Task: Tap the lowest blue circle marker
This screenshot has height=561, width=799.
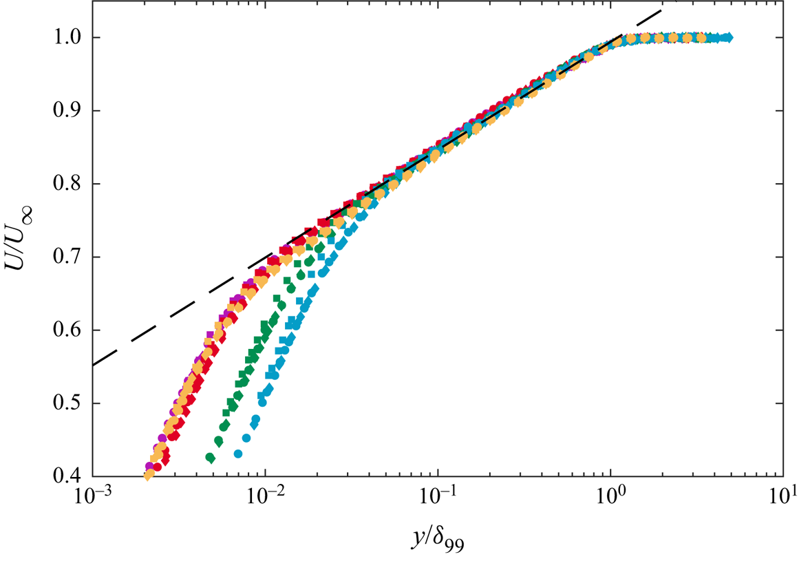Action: coord(238,454)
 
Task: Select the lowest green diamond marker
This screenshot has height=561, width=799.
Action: coord(211,457)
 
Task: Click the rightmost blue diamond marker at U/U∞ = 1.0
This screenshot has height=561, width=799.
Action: coord(728,37)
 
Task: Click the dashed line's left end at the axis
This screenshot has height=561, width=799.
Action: coord(94,364)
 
